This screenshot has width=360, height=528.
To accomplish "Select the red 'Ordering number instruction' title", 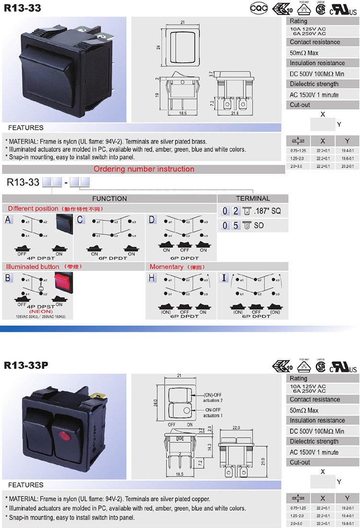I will click(x=144, y=169).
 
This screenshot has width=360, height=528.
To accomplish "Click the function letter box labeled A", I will click(x=8, y=220).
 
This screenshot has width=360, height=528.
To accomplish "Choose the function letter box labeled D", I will click(x=152, y=220).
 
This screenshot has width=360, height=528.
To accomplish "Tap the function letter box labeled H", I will click(x=152, y=278).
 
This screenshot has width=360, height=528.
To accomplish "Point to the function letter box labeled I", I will click(x=224, y=278).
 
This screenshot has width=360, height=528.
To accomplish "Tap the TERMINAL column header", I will click(x=252, y=198).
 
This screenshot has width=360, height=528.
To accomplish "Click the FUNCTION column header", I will click(x=109, y=198).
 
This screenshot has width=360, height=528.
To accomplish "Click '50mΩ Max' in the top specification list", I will click(x=304, y=53).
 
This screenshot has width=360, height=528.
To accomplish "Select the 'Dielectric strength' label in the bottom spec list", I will click(x=314, y=442).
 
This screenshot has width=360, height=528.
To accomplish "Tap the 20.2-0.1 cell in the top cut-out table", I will click(x=347, y=166).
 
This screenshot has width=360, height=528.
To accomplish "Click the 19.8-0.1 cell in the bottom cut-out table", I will click(x=347, y=523).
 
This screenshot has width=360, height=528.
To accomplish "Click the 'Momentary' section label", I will click(x=167, y=267).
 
